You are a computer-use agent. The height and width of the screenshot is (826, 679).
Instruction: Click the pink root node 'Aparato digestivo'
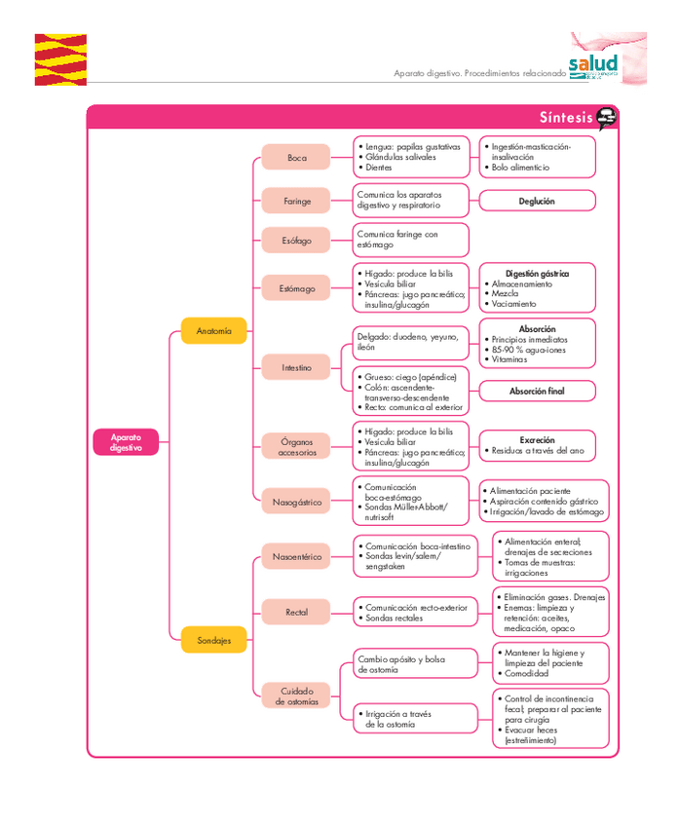126,442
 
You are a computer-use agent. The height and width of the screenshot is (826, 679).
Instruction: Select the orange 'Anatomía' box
213,331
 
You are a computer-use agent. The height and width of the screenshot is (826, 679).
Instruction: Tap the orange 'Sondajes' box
213,640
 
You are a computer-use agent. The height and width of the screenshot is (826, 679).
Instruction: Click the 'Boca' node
296,157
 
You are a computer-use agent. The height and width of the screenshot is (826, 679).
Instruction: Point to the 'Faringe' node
296,201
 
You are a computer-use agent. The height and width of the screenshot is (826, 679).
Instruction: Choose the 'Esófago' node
296,240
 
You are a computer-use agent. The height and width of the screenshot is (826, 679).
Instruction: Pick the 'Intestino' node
296,367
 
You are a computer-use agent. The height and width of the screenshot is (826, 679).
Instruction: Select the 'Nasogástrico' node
296,502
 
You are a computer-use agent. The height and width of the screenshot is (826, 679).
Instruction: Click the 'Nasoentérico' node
296,557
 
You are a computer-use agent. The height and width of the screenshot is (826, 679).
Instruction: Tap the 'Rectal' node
296,612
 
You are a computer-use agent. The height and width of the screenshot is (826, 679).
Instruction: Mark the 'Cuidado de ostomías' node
296,695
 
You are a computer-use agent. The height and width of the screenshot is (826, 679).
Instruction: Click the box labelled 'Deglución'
537,201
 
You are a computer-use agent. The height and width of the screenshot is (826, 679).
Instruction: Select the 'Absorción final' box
537,391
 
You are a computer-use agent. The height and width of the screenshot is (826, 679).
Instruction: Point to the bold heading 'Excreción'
537,440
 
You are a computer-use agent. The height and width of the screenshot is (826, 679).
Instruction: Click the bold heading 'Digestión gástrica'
537,274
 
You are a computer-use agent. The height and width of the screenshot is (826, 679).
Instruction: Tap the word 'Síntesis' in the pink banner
565,118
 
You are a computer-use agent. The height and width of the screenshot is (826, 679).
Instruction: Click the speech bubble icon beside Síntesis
607,118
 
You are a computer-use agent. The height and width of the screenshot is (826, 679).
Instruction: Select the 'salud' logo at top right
593,64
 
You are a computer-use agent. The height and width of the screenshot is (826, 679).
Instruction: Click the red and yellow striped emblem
60,59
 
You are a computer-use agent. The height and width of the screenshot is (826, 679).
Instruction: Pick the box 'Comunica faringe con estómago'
410,240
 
